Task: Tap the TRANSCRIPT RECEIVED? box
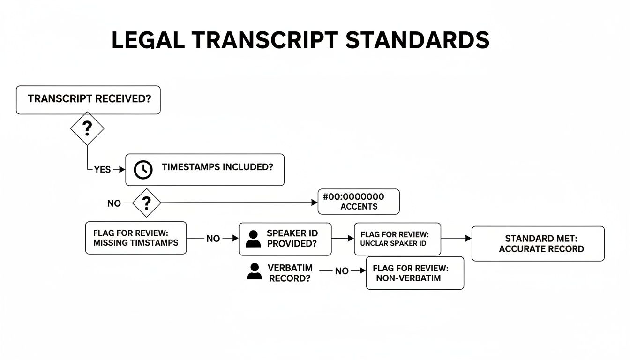88,100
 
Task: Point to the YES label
102,170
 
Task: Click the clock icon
143,170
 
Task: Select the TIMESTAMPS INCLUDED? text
217,167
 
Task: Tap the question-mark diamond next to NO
146,203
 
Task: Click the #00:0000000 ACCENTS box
359,202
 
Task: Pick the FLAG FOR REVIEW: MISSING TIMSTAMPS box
136,238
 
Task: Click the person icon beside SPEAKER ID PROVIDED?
253,239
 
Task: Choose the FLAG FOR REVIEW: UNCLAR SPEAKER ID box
397,239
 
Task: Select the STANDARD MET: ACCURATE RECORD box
538,244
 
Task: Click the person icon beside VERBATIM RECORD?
255,271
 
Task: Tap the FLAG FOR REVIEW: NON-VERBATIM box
414,273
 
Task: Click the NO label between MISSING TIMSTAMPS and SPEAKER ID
213,239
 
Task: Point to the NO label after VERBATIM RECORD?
342,271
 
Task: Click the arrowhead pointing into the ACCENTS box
315,202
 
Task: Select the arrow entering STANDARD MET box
468,239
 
